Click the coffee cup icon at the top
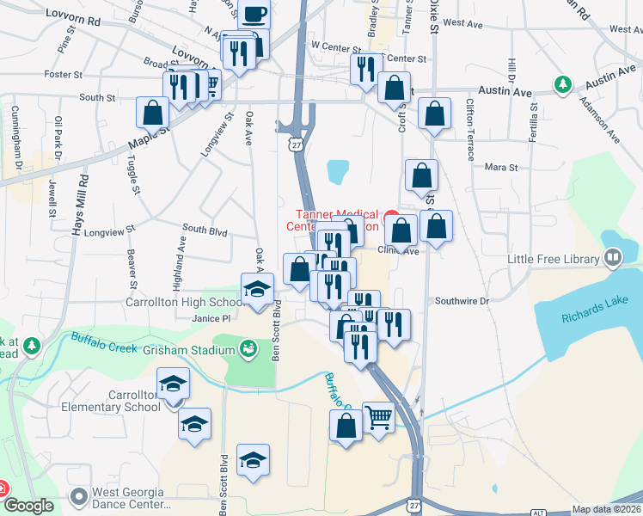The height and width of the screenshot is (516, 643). pyautogui.click(x=254, y=15)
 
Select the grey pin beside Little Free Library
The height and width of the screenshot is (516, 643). pyautogui.click(x=613, y=257)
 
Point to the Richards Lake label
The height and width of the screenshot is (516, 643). pyautogui.click(x=591, y=316)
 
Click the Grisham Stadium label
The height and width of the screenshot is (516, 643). pyautogui.click(x=189, y=350)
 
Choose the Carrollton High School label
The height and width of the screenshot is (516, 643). pyautogui.click(x=185, y=303)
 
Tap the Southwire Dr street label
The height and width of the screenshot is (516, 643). pyautogui.click(x=461, y=301)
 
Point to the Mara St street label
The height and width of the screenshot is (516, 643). pyautogui.click(x=501, y=167)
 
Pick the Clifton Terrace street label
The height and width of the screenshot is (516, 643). pyautogui.click(x=470, y=129)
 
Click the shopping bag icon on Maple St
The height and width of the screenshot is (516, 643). pyautogui.click(x=153, y=113)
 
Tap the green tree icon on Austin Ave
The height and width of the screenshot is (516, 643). pyautogui.click(x=563, y=84)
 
